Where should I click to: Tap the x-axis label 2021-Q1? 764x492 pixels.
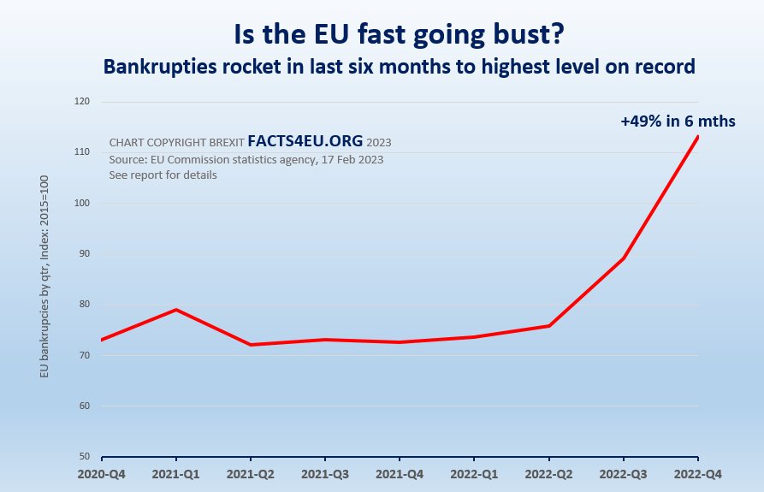click(176, 473)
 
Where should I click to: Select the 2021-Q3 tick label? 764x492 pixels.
click(325, 473)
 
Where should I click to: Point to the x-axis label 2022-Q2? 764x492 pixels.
click(548, 473)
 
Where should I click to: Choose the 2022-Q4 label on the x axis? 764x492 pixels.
click(698, 473)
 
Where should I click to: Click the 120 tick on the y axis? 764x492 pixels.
click(83, 102)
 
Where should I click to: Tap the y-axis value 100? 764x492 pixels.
click(83, 204)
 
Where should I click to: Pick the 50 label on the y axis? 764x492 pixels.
click(86, 457)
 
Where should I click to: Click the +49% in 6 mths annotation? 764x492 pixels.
click(678, 122)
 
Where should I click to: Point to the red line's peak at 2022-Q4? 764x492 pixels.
click(698, 137)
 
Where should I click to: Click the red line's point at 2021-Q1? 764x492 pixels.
click(176, 310)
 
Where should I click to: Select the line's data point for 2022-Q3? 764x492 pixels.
click(624, 258)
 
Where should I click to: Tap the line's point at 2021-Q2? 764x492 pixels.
click(251, 345)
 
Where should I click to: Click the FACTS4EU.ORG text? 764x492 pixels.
click(305, 141)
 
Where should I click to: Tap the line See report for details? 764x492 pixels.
click(163, 175)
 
